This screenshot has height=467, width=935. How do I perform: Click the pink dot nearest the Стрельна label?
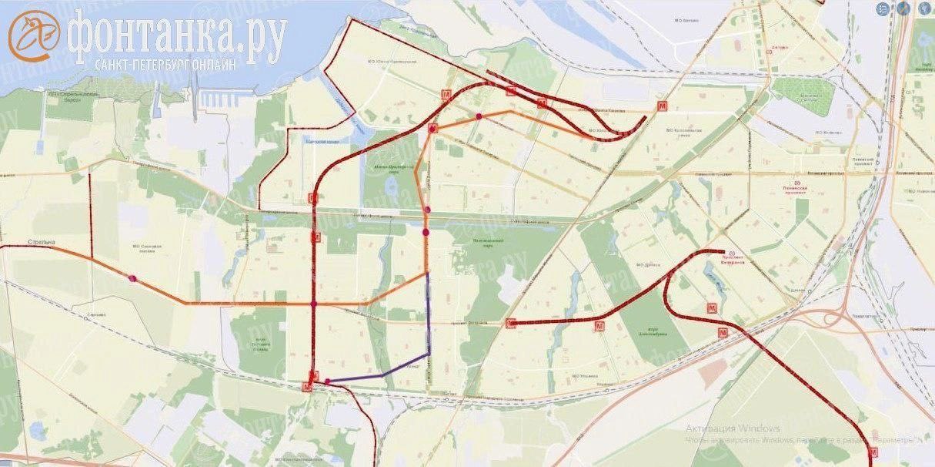133,278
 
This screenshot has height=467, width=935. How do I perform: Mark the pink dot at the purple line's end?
328,381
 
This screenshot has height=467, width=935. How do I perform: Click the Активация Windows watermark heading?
733,428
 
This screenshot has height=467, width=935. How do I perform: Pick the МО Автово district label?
686,20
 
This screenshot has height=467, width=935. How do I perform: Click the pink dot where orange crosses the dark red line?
314,304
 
